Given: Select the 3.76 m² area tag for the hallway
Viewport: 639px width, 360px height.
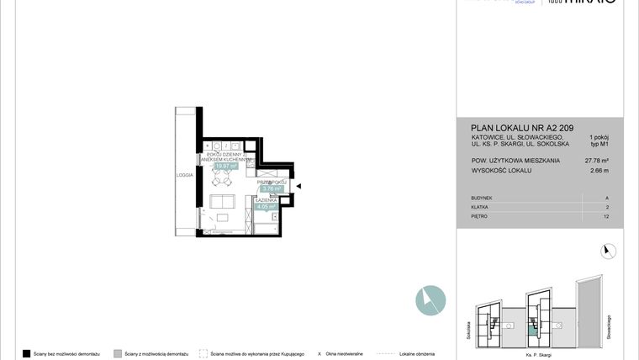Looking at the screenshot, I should (270, 188).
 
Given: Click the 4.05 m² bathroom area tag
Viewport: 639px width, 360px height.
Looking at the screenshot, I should (267, 206).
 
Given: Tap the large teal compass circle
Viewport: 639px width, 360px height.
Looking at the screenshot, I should (430, 300).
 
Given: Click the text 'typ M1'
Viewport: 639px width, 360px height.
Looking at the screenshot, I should (599, 143).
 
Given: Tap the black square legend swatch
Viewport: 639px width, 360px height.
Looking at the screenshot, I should (27, 353).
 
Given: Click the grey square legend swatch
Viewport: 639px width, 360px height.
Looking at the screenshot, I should (118, 353).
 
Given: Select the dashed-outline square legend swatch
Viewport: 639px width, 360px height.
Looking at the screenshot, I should (203, 353).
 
